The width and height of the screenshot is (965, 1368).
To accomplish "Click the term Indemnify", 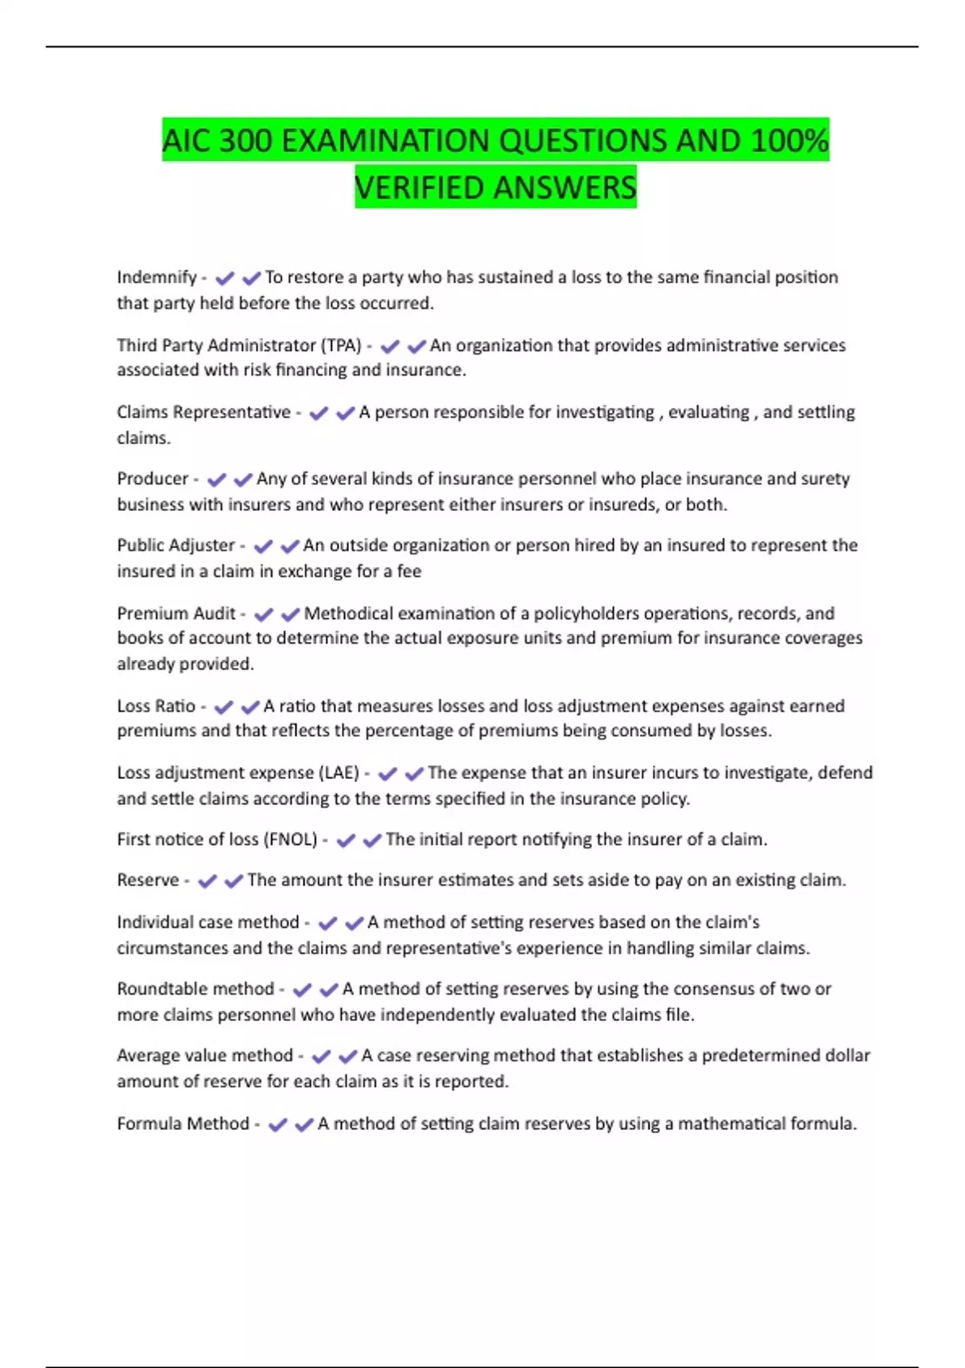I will [156, 278].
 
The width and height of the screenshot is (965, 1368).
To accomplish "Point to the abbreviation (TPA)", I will [341, 346].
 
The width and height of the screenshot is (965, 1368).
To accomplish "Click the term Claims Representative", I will [203, 413].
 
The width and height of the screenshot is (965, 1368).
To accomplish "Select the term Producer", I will [152, 479].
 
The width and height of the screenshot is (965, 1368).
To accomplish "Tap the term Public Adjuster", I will [175, 546].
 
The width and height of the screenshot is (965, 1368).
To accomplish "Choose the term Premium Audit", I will [176, 614].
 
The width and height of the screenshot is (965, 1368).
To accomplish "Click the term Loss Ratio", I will [156, 707].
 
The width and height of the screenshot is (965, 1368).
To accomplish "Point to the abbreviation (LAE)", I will [339, 773].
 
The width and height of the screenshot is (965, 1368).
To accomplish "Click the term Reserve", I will [147, 880].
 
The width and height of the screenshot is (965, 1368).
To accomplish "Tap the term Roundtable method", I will [195, 989].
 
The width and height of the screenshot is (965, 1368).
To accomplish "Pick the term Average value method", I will [204, 1056].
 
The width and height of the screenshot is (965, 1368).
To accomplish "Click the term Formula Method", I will [183, 1124].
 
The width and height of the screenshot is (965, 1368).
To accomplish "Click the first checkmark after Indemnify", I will [224, 278].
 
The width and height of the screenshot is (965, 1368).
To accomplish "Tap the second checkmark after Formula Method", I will [304, 1125].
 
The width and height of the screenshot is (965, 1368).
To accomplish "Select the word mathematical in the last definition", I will [731, 1124].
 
